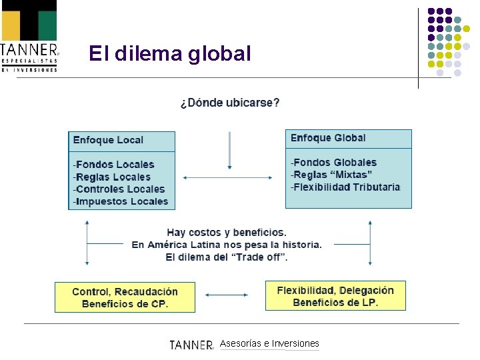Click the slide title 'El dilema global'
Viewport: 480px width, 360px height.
170,53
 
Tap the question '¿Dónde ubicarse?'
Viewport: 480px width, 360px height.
230,103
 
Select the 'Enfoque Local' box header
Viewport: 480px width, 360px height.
109,140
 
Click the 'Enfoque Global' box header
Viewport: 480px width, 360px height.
328,138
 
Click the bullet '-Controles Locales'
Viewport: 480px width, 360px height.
119,189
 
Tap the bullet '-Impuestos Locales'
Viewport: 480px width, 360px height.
121,201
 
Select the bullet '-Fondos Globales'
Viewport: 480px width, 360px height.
333,163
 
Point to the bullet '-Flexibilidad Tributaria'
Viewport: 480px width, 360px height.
345,187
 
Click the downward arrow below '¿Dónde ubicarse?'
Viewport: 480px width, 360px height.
229,150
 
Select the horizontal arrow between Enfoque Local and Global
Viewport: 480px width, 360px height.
227,177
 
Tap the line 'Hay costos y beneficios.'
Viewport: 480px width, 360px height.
227,233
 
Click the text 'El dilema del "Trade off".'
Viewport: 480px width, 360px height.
227,257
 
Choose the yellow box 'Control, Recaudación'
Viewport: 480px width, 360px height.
125,297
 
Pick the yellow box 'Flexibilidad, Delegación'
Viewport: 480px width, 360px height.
335,296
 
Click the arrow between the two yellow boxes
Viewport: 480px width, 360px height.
227,295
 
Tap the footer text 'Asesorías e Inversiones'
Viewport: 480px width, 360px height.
269,343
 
